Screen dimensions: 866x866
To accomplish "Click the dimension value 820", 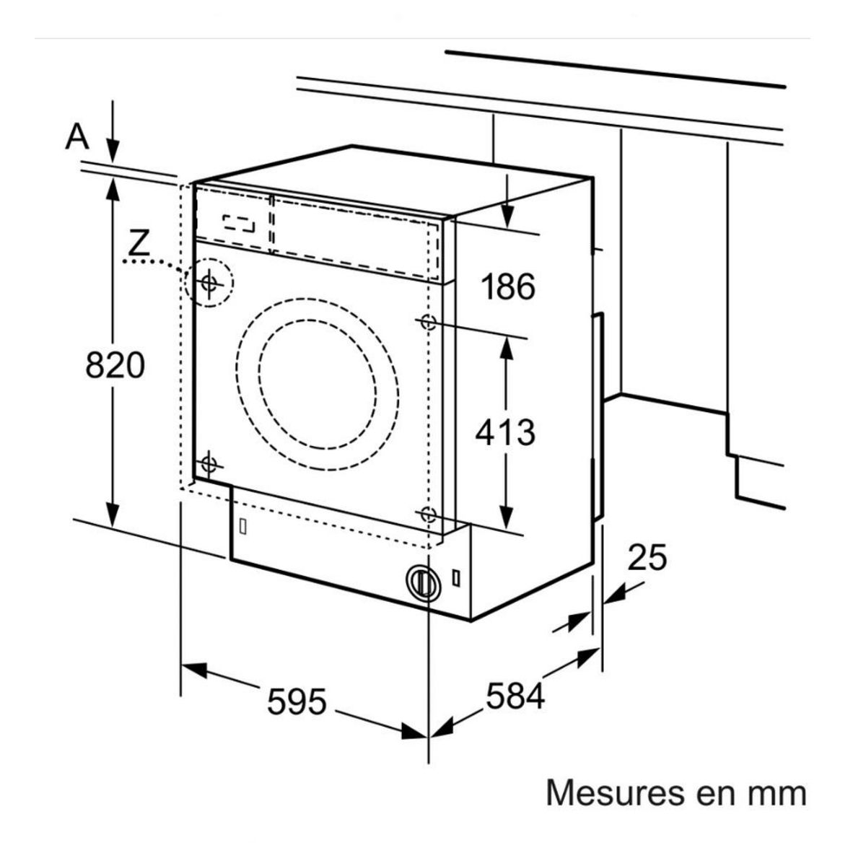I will click(x=115, y=365).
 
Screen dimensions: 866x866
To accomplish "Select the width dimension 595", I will click(x=297, y=701).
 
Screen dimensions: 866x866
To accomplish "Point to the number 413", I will click(x=505, y=432).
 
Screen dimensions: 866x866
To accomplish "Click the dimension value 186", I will click(x=508, y=287).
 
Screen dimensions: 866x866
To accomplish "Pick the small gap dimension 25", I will click(x=647, y=558).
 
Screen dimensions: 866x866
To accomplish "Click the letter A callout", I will click(x=77, y=136).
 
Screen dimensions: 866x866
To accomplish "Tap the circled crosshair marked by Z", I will click(x=209, y=283).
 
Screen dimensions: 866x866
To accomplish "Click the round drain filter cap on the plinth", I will click(x=424, y=582).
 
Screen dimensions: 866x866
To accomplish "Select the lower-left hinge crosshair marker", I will click(x=209, y=463).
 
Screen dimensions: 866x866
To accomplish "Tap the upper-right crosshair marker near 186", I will click(x=428, y=322).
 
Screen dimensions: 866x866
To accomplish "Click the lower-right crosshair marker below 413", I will click(x=428, y=515).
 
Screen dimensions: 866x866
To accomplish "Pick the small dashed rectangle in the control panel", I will click(x=238, y=224).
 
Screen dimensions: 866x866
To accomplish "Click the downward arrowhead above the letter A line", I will click(x=112, y=152).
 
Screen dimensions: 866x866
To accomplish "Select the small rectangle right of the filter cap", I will click(x=456, y=579).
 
